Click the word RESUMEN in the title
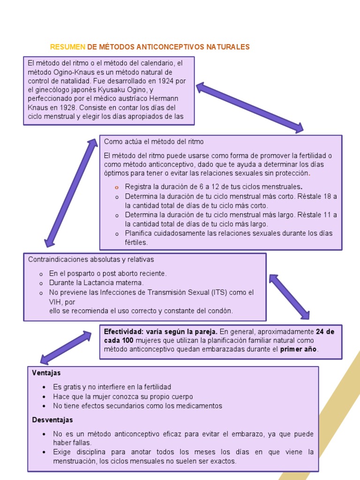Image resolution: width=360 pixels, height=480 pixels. click(x=67, y=47)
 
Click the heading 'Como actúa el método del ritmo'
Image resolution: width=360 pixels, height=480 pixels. click(x=154, y=142)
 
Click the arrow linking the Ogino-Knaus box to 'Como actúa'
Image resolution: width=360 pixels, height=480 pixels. click(x=250, y=108)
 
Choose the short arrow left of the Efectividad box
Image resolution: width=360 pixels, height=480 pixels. click(x=66, y=347)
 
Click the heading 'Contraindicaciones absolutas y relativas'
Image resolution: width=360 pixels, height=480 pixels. click(x=91, y=259)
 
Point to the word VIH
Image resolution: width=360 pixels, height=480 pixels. click(x=55, y=302)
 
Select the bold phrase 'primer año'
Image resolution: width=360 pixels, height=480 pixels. click(x=299, y=350)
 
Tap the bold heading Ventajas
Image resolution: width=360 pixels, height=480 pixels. click(x=46, y=373)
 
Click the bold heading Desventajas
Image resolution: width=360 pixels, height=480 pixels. click(x=52, y=420)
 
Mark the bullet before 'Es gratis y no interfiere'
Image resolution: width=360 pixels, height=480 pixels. click(x=44, y=387)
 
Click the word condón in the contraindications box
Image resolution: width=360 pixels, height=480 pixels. click(x=221, y=311)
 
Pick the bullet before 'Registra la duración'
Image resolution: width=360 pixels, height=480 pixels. click(x=117, y=187)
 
